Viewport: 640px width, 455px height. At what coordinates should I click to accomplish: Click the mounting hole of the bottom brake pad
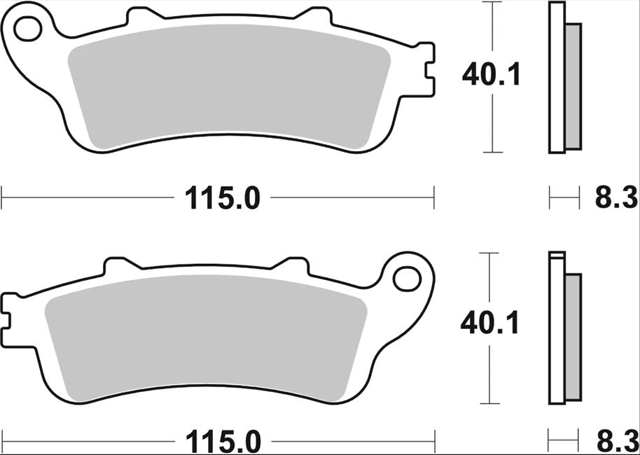[406, 278]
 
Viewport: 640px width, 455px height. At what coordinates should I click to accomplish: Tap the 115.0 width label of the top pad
[223, 199]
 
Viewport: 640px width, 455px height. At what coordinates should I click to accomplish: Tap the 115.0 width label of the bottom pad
[223, 442]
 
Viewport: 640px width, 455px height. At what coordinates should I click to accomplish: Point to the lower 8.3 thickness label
[615, 442]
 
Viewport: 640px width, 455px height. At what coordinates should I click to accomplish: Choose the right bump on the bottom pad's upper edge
[292, 264]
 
